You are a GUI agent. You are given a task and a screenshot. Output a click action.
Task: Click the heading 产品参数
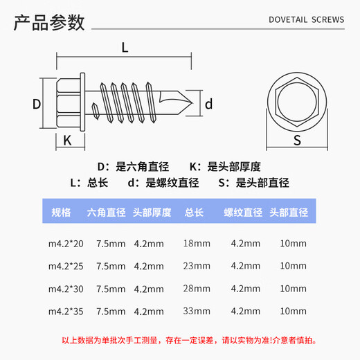tap(49, 22)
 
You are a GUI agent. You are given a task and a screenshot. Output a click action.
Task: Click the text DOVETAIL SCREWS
tap(305, 20)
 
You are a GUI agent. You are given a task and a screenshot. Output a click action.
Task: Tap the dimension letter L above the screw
tap(125, 48)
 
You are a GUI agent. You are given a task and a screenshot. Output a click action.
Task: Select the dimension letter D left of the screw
tap(37, 104)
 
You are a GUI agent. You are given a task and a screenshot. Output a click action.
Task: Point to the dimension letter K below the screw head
tap(67, 140)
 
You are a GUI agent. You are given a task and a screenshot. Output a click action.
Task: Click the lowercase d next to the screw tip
tap(208, 104)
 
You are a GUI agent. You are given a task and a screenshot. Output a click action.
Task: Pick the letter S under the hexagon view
tap(296, 141)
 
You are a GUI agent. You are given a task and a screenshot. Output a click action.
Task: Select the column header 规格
tap(61, 213)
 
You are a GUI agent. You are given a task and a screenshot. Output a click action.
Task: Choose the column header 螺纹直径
tap(242, 213)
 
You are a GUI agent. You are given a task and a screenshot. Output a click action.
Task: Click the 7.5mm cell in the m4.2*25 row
tap(111, 266)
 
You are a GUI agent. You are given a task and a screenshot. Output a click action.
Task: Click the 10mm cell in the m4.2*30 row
tap(294, 288)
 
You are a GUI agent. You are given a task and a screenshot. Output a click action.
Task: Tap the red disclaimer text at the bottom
tap(179, 339)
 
